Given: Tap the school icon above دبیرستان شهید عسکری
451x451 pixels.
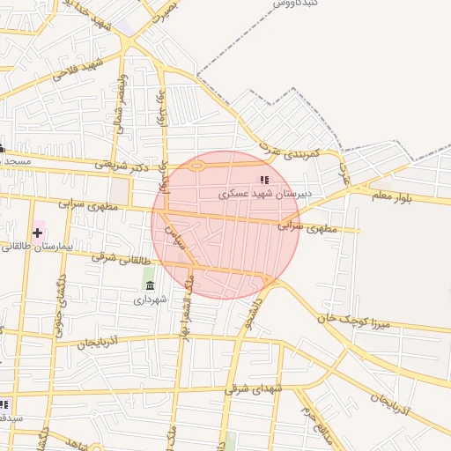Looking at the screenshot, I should (263, 180).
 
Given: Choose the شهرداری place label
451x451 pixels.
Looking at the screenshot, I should (150, 299).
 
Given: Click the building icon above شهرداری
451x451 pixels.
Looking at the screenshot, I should (149, 285).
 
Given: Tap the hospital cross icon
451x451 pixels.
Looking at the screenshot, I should (37, 233).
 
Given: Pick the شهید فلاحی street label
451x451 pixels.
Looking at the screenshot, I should (75, 71).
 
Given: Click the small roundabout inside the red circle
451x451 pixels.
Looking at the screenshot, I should (197, 165).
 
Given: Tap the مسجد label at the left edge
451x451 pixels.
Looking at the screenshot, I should (16, 162).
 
